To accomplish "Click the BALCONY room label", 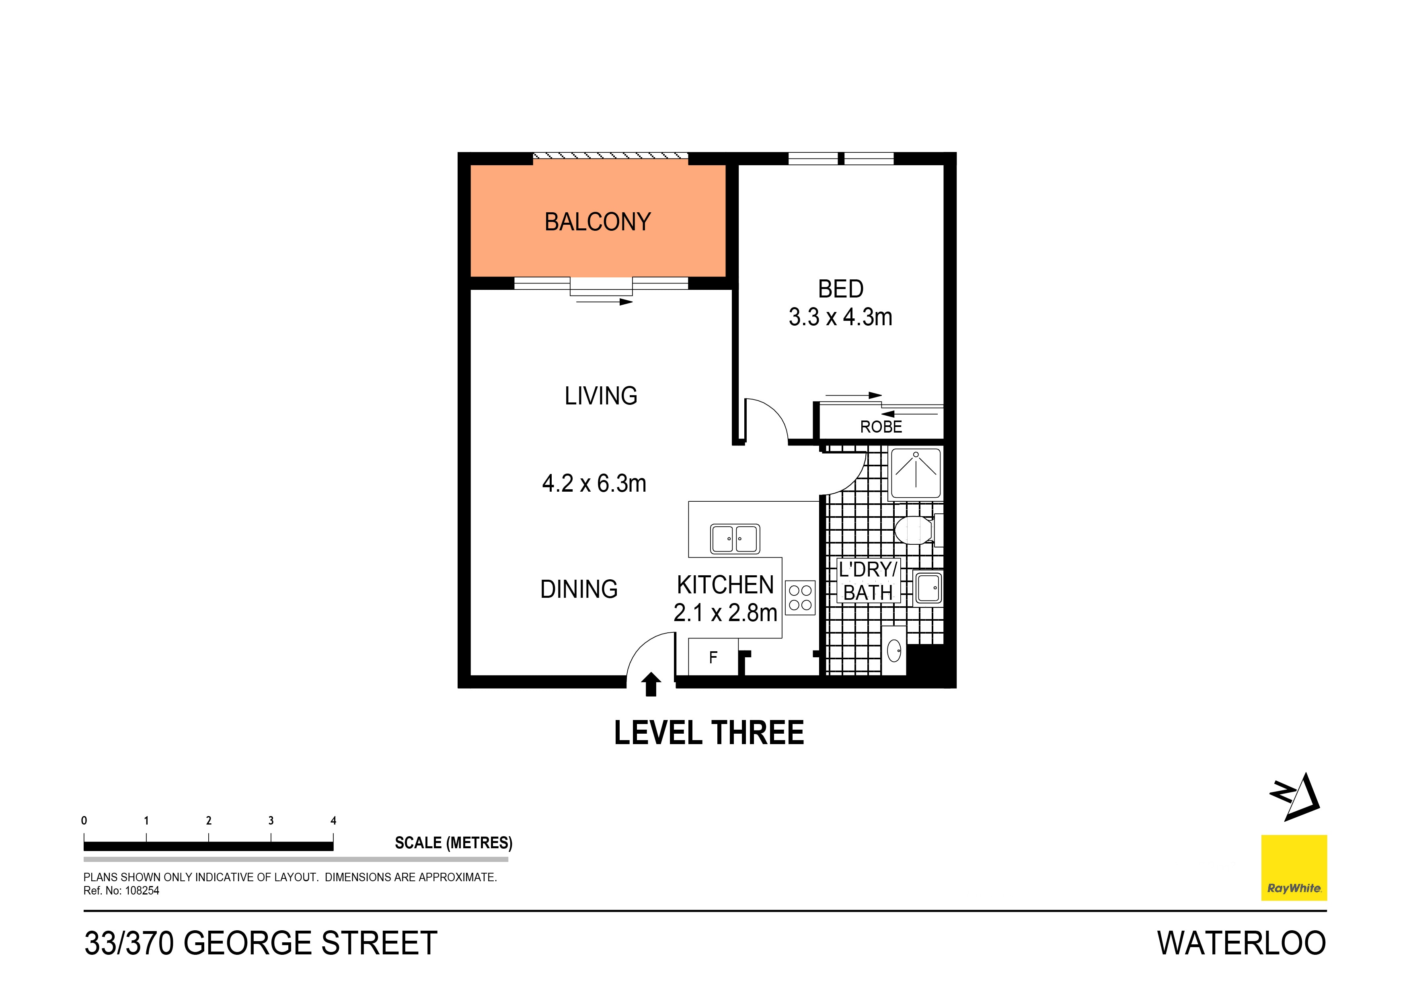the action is [x=598, y=222].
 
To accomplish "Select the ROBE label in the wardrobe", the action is [x=881, y=427].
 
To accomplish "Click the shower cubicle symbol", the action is [x=915, y=474].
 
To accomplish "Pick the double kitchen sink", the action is [x=735, y=539].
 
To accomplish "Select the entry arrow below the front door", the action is [x=651, y=684].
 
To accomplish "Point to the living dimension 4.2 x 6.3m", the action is [x=594, y=484].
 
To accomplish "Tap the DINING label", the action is [x=579, y=589].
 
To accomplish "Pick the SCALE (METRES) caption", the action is [x=454, y=843].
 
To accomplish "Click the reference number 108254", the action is [x=142, y=891].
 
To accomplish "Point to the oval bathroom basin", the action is [x=894, y=650].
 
